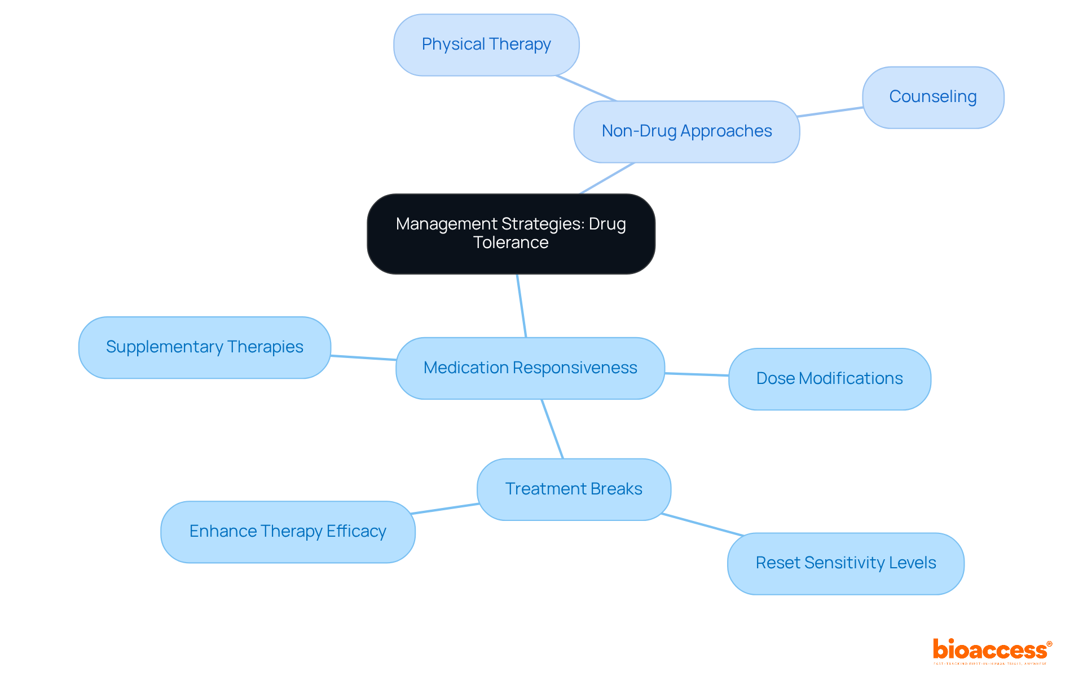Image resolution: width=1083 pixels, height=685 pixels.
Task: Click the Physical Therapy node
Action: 486,45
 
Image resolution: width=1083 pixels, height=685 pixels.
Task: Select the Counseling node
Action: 932,97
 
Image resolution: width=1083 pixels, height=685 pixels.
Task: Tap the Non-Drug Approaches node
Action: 686,131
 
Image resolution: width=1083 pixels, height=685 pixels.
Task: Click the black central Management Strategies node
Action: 510,233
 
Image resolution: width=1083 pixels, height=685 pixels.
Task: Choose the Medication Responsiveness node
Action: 530,368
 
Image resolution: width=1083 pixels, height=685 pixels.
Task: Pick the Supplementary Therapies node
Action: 204,347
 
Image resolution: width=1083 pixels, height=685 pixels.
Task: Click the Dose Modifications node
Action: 829,378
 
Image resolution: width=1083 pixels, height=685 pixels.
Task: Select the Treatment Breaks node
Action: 574,489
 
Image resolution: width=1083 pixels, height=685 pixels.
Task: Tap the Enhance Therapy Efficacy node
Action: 288,532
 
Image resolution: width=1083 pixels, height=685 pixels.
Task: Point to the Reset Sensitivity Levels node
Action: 845,563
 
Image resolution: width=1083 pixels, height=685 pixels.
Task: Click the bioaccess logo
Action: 992,651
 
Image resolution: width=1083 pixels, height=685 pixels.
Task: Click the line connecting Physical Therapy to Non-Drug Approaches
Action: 586,88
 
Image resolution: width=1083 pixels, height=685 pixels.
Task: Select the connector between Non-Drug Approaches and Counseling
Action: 830,112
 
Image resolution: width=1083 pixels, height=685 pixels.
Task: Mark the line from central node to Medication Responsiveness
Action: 522,306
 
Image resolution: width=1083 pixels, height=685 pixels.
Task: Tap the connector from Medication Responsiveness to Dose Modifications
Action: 697,374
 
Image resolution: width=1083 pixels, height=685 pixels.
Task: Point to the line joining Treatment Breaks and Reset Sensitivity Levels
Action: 702,524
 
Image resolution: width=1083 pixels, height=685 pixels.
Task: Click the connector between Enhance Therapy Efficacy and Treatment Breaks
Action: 445,509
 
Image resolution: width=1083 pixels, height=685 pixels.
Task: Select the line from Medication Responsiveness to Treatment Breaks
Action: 552,429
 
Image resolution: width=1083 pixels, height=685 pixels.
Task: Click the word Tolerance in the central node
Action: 510,243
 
